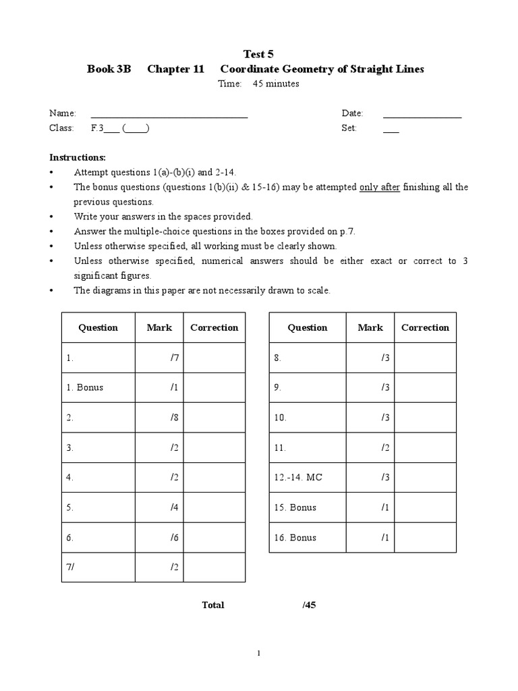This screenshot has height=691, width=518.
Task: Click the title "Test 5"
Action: tap(258, 54)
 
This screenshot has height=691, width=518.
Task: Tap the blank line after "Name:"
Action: tap(169, 117)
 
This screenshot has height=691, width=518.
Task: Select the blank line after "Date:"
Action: tap(422, 117)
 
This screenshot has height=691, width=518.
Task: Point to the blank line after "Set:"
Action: tap(391, 131)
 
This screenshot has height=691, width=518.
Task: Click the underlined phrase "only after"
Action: tap(380, 187)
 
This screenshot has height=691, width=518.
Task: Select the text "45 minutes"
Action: tap(276, 84)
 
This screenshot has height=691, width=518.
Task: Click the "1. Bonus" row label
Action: tap(85, 388)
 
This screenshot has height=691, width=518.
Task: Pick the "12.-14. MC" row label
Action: tap(298, 478)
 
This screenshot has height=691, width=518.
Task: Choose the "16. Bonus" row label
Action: tap(295, 538)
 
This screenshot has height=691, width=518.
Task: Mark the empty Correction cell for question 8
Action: tap(425, 358)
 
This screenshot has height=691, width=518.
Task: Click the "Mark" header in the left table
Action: tap(159, 328)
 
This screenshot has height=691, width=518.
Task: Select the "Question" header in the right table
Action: tap(308, 328)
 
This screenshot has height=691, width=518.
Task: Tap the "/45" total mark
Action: tap(310, 605)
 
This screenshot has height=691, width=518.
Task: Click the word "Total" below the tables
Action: tap(213, 605)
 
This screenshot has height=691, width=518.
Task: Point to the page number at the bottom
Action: tap(259, 653)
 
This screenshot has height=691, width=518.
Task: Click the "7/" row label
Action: tap(70, 568)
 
